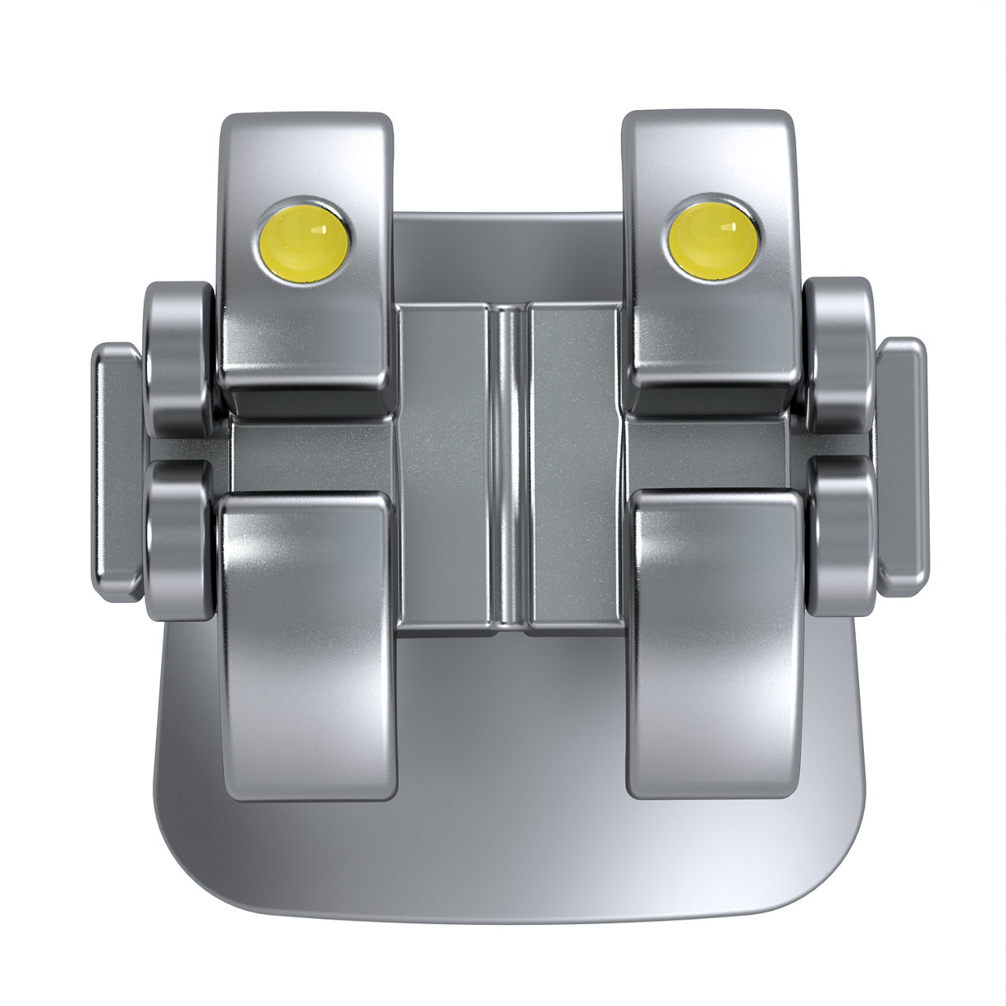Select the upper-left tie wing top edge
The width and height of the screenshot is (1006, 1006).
click(x=307, y=119)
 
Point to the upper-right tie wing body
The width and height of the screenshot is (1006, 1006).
click(x=707, y=330)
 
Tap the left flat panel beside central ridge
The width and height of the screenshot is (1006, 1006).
click(x=445, y=468)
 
